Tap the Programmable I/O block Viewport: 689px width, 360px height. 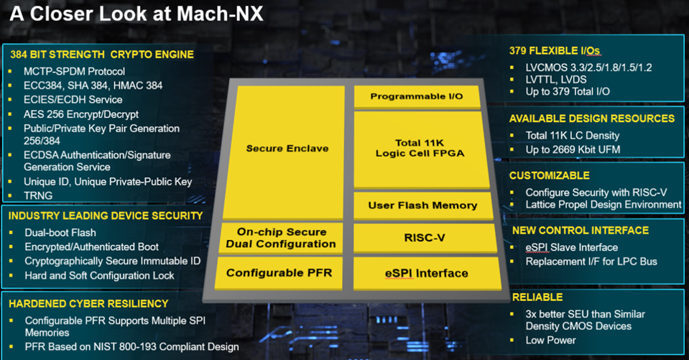click(x=416, y=96)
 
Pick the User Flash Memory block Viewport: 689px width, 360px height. click(x=422, y=206)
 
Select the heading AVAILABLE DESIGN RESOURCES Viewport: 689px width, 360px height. click(x=592, y=119)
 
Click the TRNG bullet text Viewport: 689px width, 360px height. click(x=39, y=195)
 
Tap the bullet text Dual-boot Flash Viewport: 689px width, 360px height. click(x=60, y=233)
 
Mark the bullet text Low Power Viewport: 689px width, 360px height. click(x=551, y=340)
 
